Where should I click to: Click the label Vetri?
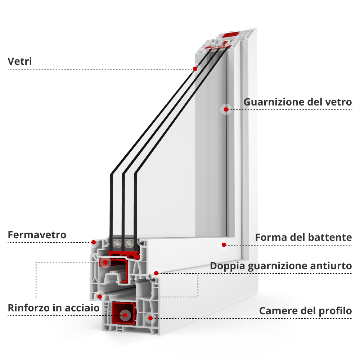[x=20, y=62]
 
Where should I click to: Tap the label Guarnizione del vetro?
[x=297, y=102]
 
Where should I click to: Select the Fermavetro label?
[x=37, y=235]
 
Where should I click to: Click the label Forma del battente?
[x=303, y=238]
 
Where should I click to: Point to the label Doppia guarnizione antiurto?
[x=280, y=266]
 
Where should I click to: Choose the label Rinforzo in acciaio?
[x=54, y=308]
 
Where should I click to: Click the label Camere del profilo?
[x=305, y=311]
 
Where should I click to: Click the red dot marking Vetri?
[x=195, y=69]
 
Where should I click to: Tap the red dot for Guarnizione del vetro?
[x=226, y=109]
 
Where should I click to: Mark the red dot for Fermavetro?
[x=93, y=242]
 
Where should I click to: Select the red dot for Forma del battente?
[x=224, y=245]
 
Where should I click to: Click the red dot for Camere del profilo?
[x=150, y=318]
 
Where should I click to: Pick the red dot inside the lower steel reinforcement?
[x=125, y=315]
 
